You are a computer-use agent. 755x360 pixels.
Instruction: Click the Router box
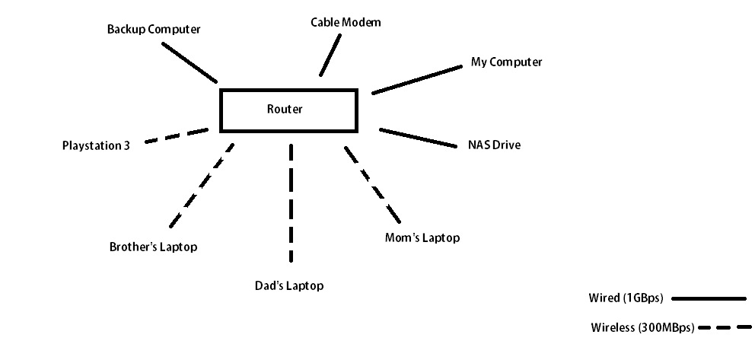(288, 110)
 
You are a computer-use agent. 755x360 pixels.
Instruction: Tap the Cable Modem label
(346, 22)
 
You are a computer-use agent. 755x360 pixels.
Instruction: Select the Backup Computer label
(154, 30)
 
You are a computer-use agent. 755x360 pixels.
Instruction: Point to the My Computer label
(506, 62)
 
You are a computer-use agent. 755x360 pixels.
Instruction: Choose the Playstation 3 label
(96, 145)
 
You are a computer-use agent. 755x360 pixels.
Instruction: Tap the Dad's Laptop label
(289, 286)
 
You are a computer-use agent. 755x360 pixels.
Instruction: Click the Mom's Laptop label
(422, 238)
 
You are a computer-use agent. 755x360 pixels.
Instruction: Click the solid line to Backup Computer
(190, 62)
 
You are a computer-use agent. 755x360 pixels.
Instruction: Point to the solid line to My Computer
(417, 80)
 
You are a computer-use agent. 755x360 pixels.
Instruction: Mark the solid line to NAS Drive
(417, 137)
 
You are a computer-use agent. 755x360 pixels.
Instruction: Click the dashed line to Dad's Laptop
(291, 202)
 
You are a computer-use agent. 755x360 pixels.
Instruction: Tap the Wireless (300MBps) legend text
(642, 329)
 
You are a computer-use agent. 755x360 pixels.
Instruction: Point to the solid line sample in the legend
(709, 298)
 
